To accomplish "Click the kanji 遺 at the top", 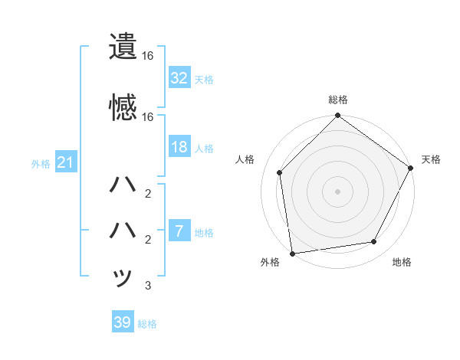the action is point(123,47).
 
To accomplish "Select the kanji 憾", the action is point(123,106).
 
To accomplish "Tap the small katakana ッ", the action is point(123,277).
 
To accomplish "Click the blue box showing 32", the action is point(179,77).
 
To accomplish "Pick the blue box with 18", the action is point(179,147).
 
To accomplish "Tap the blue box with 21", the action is point(65,162).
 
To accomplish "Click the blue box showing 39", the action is point(123,322).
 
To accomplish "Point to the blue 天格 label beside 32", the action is point(203,79).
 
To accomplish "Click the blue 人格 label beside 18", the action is point(203,148).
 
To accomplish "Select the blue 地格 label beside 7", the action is point(203,232).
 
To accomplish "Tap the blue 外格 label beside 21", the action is point(41,163).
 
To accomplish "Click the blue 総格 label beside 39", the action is point(147,324).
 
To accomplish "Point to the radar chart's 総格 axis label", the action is point(338,100).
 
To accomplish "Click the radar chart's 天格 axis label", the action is point(431,159).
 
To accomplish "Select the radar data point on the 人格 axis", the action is point(280,172).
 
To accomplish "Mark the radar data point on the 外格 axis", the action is point(292,253).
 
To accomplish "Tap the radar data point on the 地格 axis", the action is point(374,241).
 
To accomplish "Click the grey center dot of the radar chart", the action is point(338,191).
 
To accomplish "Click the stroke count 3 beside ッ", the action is point(148,286).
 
